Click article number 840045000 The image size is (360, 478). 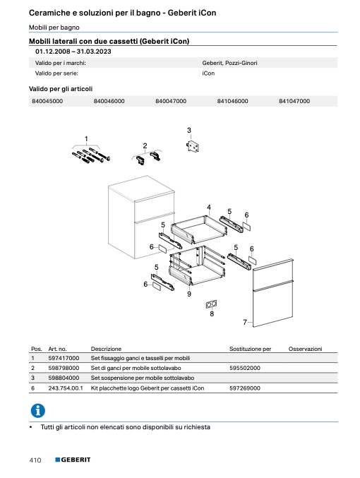(x=47, y=101)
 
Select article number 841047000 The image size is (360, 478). (x=294, y=101)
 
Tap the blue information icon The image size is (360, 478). (x=38, y=410)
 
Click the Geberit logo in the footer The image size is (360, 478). (x=73, y=460)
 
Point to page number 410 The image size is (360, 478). (x=35, y=460)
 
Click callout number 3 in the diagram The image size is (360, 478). (x=189, y=130)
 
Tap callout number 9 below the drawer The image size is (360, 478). (x=189, y=294)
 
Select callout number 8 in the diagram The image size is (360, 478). (x=212, y=313)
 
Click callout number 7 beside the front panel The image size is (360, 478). (x=244, y=322)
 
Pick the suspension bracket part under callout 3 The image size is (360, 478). (x=193, y=146)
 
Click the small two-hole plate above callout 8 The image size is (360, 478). (x=212, y=304)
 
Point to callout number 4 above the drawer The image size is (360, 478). (x=209, y=208)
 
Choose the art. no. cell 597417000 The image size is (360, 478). (x=64, y=358)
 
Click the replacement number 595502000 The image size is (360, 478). (x=245, y=368)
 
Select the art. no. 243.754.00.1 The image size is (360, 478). (x=66, y=388)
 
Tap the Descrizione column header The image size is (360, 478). (x=106, y=349)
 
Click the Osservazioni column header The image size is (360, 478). (x=305, y=349)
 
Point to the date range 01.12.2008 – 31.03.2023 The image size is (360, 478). (x=73, y=52)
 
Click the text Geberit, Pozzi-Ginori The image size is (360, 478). (x=229, y=63)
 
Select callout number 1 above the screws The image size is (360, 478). (x=86, y=138)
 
